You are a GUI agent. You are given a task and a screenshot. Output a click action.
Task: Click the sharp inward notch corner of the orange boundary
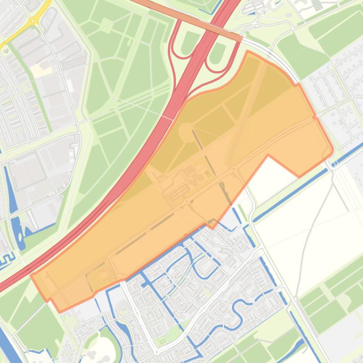[x=268, y=155]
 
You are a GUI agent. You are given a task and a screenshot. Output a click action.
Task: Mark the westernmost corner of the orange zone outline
[x=32, y=275]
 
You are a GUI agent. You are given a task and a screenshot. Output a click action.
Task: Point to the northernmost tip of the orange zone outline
[x=247, y=51]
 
